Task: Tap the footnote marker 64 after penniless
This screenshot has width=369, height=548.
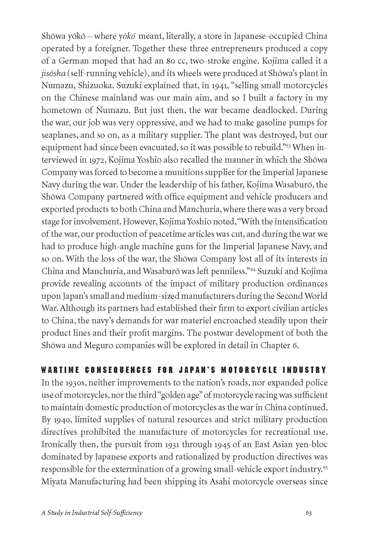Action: click(253, 269)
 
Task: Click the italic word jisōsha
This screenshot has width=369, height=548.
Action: click(53, 74)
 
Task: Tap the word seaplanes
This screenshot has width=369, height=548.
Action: click(58, 135)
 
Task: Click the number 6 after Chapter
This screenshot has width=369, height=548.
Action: click(295, 345)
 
